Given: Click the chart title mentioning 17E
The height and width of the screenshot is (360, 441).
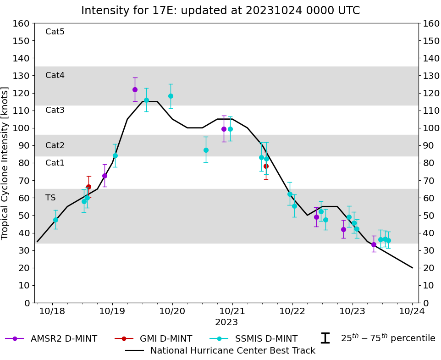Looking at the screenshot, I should [x=220, y=11].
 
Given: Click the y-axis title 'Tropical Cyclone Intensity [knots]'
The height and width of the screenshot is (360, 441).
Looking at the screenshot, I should [x=6, y=163].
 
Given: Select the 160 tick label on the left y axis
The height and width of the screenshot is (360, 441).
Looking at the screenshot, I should [x=22, y=23].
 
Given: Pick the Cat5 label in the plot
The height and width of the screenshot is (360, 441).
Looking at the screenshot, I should [x=55, y=32].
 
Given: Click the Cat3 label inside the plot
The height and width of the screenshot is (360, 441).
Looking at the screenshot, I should [x=55, y=110].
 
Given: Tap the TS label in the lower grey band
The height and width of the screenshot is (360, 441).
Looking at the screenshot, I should [x=50, y=198].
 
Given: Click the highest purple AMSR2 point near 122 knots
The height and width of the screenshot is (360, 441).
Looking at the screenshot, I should [x=135, y=89].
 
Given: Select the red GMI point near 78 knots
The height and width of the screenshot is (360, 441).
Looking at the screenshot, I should [x=266, y=166].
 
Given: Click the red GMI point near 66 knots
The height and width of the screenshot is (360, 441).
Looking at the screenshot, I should [x=88, y=187].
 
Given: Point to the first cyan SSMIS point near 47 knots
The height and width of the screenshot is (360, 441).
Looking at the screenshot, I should [x=55, y=220].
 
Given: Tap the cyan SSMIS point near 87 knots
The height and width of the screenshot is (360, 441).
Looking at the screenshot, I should [x=206, y=150].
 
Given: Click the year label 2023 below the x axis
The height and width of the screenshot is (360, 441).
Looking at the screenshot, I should [x=226, y=322].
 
